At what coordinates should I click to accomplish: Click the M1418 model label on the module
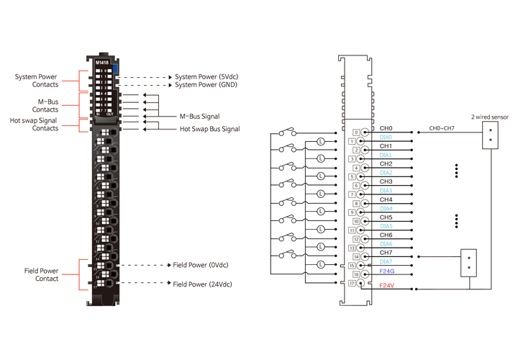pyautogui.click(x=102, y=63)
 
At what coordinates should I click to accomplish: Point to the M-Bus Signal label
pyautogui.click(x=199, y=116)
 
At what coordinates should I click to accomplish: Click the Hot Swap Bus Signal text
pyautogui.click(x=209, y=129)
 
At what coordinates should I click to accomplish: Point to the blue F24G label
pyautogui.click(x=388, y=272)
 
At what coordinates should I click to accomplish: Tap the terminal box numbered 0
pyautogui.click(x=356, y=132)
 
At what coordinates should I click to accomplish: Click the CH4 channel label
pyautogui.click(x=386, y=199)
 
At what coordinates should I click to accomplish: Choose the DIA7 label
pyautogui.click(x=386, y=261)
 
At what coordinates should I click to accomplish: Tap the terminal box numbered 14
pyautogui.click(x=356, y=256)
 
